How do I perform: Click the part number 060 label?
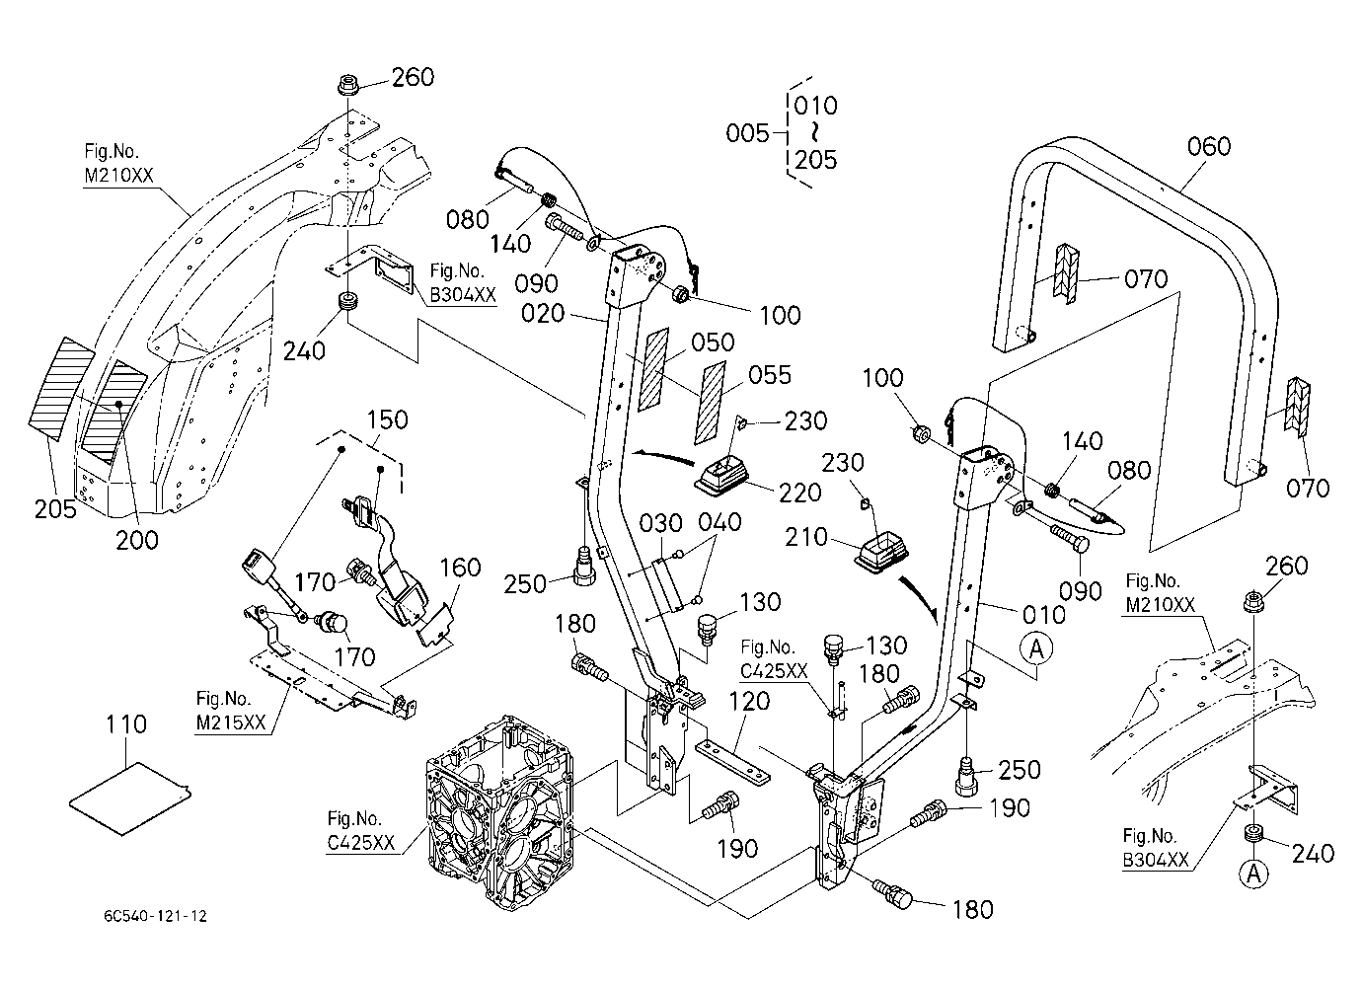coord(1208,147)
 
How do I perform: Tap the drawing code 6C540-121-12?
coord(156,916)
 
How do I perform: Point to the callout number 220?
coord(800,493)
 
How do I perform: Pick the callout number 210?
coord(806,537)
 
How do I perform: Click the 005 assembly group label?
coord(748,132)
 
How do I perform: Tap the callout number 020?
coord(543,314)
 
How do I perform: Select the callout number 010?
coord(1044,615)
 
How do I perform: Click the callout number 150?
coord(387,419)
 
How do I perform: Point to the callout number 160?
coord(460,568)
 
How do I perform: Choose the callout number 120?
coord(748,702)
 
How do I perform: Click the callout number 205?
coord(55,509)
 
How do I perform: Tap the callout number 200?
coord(137,540)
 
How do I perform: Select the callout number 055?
coord(770,375)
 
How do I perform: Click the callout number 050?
coord(713,342)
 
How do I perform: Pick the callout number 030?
coord(661,523)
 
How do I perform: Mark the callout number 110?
coord(126,724)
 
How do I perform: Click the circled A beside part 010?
coord(1036,649)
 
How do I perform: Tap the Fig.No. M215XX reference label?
coord(231,711)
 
